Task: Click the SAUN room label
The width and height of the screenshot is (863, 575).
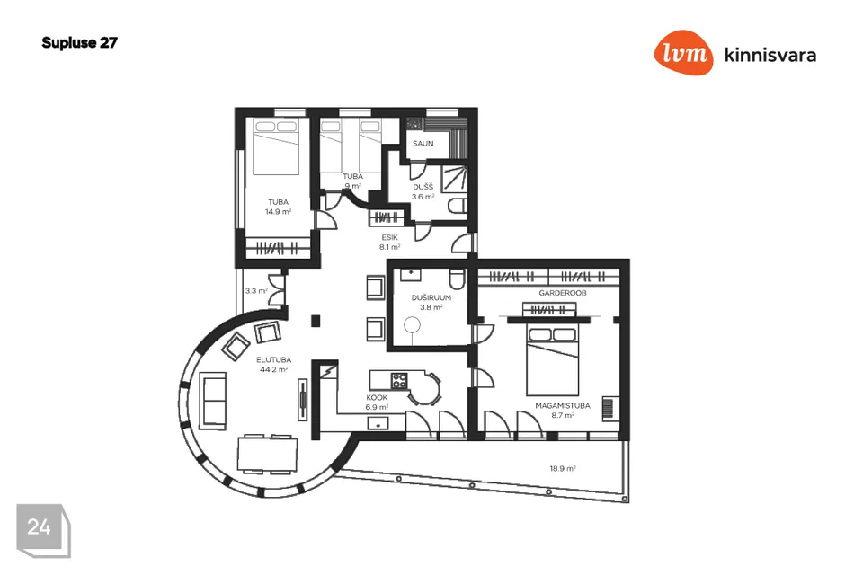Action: coord(423,144)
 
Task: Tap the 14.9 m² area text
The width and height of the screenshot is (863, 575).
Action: coord(278,212)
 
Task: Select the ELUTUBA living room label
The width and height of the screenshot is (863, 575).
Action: coord(273,360)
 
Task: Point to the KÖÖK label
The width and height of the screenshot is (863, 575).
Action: coord(377,397)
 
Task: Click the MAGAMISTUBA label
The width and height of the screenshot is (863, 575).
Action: coord(563,405)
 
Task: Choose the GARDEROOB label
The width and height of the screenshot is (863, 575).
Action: coord(563,293)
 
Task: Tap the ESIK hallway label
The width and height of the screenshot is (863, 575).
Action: coord(389,238)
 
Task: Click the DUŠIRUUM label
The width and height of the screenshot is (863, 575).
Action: coord(431,297)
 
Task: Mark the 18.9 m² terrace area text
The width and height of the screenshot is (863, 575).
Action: coord(563,469)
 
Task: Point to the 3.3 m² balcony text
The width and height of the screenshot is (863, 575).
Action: coord(256,290)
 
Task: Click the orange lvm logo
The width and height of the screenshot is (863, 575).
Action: coord(683,52)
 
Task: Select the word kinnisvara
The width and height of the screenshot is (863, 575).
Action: coord(770,55)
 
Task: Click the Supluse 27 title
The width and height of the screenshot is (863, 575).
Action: coord(79,43)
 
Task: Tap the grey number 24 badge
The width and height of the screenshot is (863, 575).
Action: coord(43,530)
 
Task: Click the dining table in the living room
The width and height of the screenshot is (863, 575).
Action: coord(268,454)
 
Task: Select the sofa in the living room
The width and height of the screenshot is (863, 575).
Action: coord(213,401)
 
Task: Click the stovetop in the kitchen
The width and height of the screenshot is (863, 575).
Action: coord(399,380)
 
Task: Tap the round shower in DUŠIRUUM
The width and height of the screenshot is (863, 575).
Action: coord(412,326)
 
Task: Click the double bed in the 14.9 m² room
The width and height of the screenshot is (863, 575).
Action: coord(276,147)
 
